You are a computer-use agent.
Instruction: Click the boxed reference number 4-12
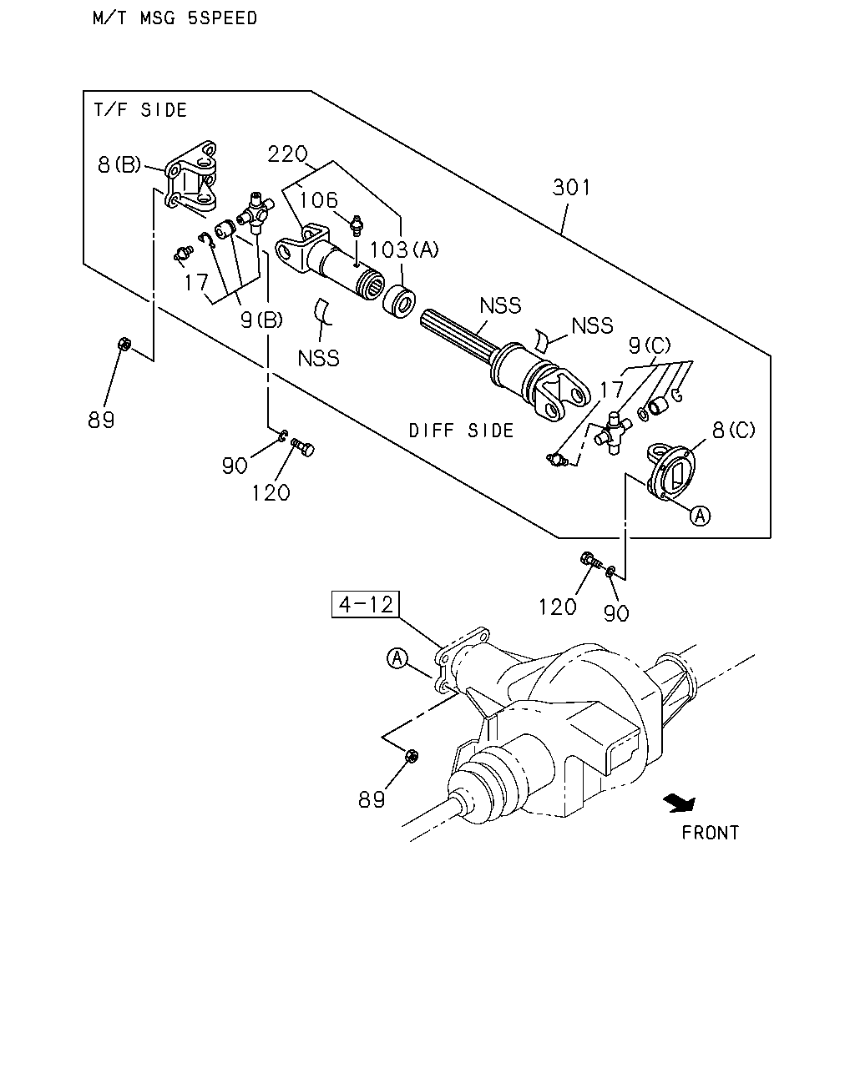point(365,604)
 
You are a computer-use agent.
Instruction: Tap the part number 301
point(571,188)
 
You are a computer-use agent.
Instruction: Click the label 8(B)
point(119,164)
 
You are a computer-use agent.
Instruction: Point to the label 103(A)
point(404,249)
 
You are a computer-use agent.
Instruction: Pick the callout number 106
point(318,200)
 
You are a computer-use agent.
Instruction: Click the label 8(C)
point(733,430)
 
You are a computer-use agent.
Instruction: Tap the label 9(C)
point(650,345)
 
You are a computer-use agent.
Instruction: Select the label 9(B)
point(261,320)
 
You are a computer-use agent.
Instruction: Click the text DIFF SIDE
point(461,431)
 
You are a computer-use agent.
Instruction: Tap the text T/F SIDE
point(140,109)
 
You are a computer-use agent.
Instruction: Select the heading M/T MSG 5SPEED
point(175,18)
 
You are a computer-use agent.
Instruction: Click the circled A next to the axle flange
point(397,658)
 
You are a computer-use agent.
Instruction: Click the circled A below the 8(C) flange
point(700,516)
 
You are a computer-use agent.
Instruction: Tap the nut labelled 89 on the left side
point(124,344)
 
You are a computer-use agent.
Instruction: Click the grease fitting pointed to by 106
point(357,226)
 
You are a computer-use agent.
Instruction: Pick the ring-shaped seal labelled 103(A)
point(399,301)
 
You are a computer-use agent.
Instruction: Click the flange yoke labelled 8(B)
point(190,176)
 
